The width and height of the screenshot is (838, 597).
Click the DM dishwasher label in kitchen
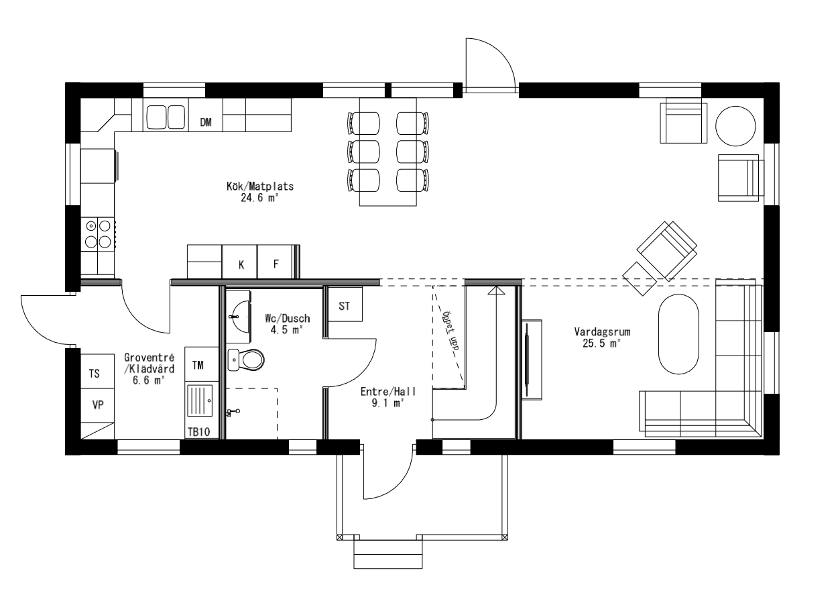206,122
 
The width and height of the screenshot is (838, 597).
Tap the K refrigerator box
240,264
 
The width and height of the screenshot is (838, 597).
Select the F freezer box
275,264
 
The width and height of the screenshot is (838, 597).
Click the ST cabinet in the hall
345,307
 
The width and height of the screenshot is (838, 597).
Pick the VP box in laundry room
97,404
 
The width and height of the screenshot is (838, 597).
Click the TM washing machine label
198,365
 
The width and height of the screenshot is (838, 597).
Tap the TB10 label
198,433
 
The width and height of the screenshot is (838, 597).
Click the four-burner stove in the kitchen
98,234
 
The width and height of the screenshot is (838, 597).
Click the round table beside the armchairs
735,124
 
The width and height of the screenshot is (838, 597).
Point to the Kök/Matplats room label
251,187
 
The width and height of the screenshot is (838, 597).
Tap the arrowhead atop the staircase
495,290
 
